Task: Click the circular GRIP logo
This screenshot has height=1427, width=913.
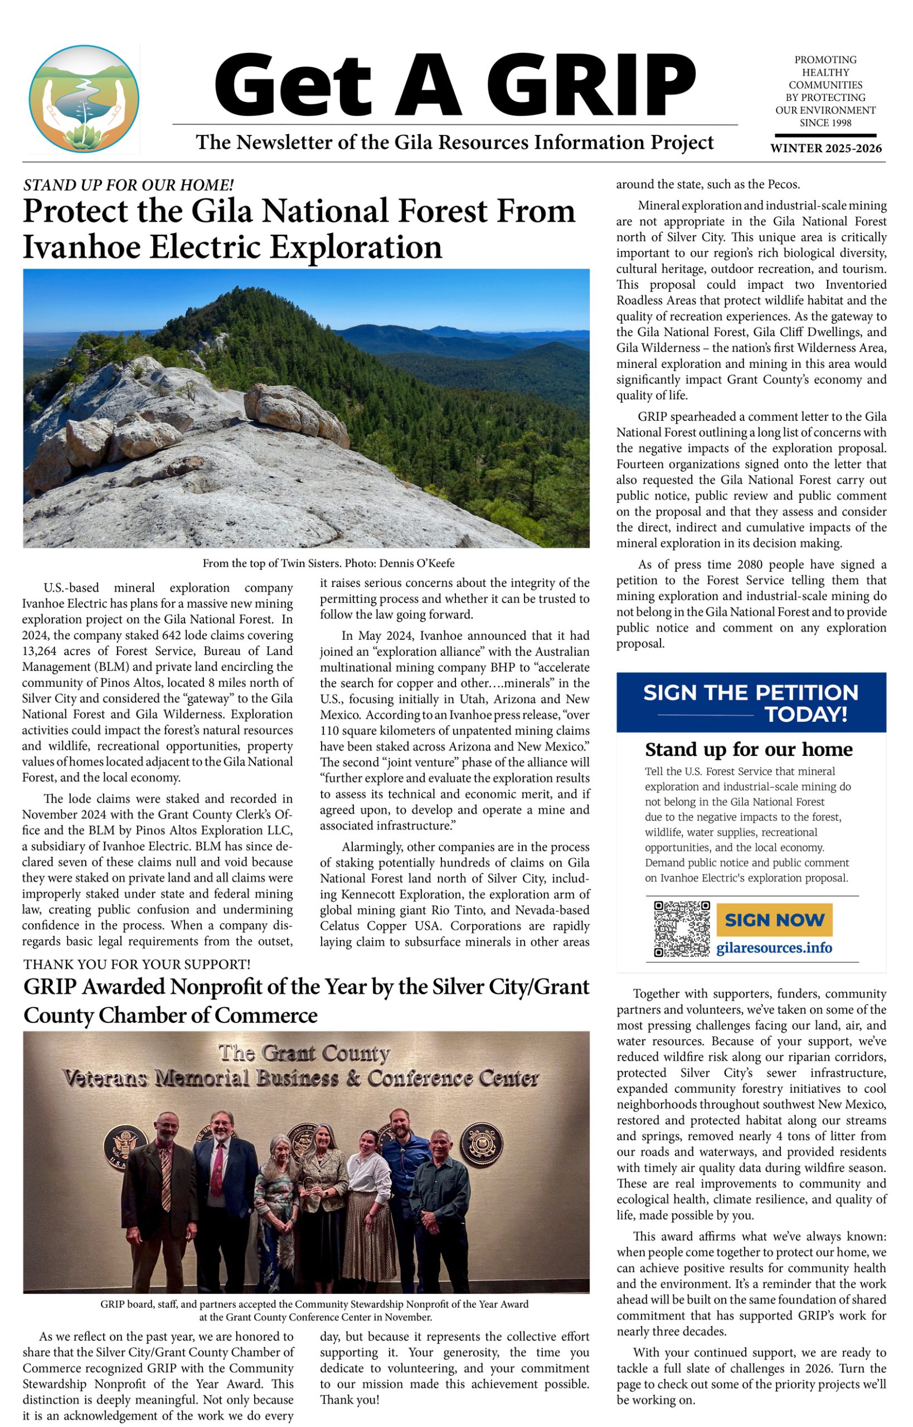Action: click(x=84, y=99)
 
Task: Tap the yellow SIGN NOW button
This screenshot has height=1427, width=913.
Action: click(x=774, y=920)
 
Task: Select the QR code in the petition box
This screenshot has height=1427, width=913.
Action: click(x=681, y=929)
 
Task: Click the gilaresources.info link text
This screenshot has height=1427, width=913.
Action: click(x=774, y=948)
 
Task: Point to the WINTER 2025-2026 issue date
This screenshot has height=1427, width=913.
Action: click(x=825, y=148)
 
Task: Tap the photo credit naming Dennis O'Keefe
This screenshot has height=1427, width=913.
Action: click(x=328, y=563)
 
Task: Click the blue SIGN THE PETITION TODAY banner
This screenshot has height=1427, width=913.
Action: click(x=751, y=702)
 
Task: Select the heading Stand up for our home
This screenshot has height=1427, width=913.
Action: click(x=748, y=749)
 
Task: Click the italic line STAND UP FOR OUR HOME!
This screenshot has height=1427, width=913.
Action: click(x=129, y=185)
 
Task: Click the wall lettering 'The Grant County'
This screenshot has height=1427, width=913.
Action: click(x=304, y=1054)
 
